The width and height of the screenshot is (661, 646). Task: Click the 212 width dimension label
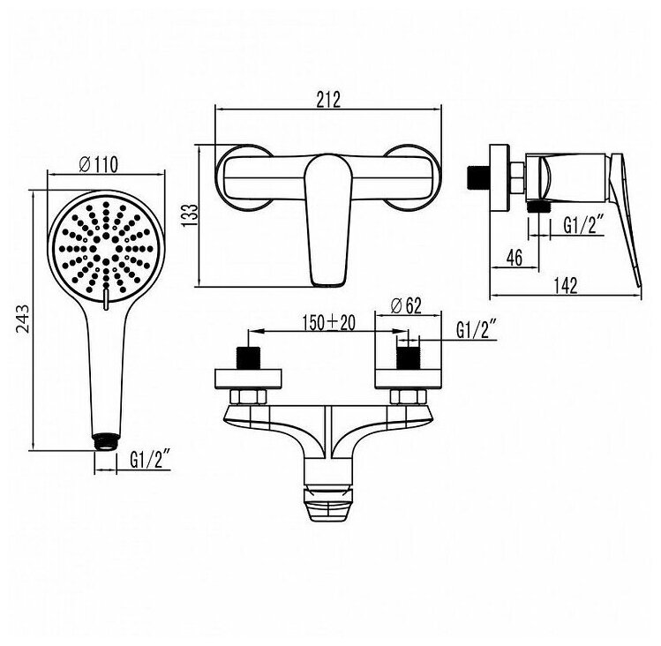pos(328,100)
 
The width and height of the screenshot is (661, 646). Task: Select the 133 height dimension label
pos(189,215)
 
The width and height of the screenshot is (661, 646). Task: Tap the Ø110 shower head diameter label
pos(99,164)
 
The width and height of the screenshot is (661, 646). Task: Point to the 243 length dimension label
pos(23,319)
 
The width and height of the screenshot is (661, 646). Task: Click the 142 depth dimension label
pos(566,286)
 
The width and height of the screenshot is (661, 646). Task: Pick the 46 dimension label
pos(514,258)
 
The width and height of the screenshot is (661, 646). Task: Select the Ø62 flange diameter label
pos(406,305)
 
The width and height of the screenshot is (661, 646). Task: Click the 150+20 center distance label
pos(329,323)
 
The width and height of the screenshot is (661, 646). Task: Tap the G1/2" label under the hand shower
pos(150,459)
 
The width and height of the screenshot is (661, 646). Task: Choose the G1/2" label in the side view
pos(584,225)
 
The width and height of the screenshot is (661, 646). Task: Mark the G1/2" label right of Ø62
pos(477,329)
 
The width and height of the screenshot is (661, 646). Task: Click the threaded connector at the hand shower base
pos(104,442)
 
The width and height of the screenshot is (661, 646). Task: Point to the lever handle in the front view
pos(329,219)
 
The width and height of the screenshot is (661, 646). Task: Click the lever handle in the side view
pos(626,219)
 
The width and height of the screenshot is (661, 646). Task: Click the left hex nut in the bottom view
pos(249,397)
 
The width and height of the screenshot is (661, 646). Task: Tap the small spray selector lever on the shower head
pos(105,298)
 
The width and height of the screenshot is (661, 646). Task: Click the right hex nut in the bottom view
pos(408,397)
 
